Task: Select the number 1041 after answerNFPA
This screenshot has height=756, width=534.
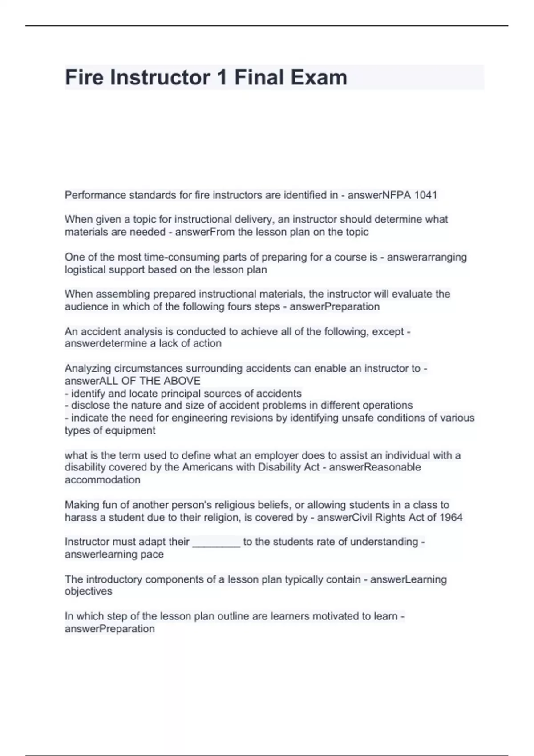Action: pyautogui.click(x=426, y=195)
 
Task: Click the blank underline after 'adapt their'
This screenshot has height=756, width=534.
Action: pyautogui.click(x=216, y=542)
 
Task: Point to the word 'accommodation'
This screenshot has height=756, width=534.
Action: pyautogui.click(x=102, y=480)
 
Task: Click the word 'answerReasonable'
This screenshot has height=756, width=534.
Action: pyautogui.click(x=375, y=467)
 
